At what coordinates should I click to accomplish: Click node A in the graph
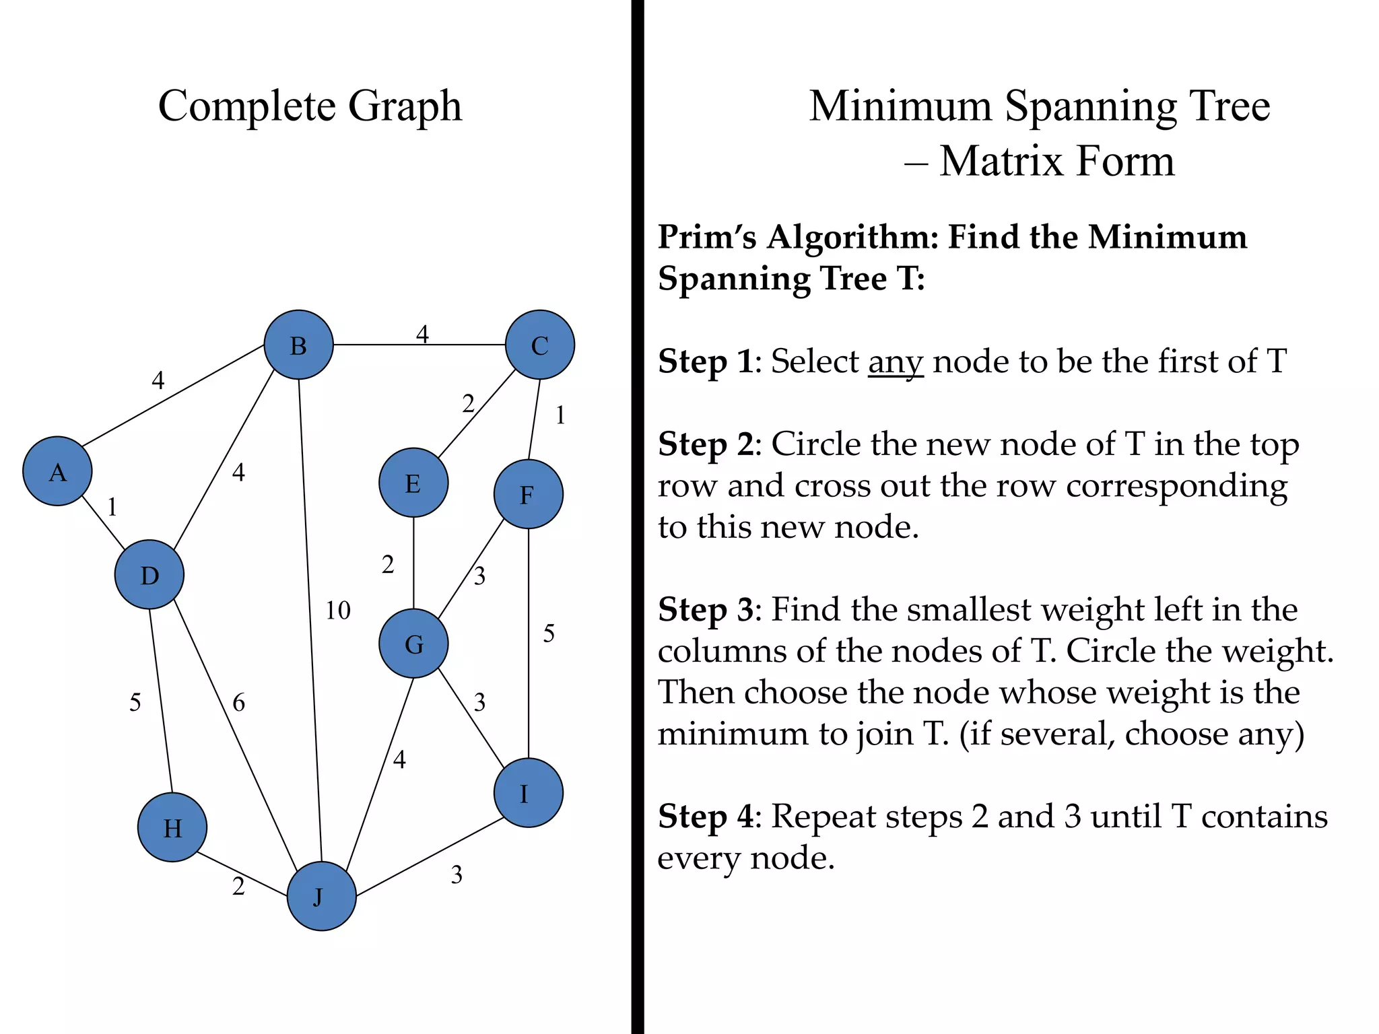click(57, 471)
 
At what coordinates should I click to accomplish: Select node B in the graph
click(298, 345)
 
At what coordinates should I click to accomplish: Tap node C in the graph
click(539, 345)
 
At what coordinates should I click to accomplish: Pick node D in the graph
click(149, 574)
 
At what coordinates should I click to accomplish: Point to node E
click(413, 483)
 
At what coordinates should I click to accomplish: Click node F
click(528, 494)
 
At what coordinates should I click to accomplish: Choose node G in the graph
click(413, 644)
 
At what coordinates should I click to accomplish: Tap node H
click(172, 827)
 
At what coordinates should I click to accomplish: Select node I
click(528, 793)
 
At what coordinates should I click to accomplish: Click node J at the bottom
click(321, 896)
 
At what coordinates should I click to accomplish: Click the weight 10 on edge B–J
click(338, 611)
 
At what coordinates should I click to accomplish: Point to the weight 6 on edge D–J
click(238, 703)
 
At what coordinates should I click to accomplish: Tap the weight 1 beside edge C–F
click(560, 416)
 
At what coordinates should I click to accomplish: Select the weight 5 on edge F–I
click(549, 633)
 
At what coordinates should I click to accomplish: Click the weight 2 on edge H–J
click(238, 887)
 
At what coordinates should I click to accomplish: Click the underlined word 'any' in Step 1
click(896, 362)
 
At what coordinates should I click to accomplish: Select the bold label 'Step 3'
click(705, 609)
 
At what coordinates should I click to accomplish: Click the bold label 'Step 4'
click(705, 817)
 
